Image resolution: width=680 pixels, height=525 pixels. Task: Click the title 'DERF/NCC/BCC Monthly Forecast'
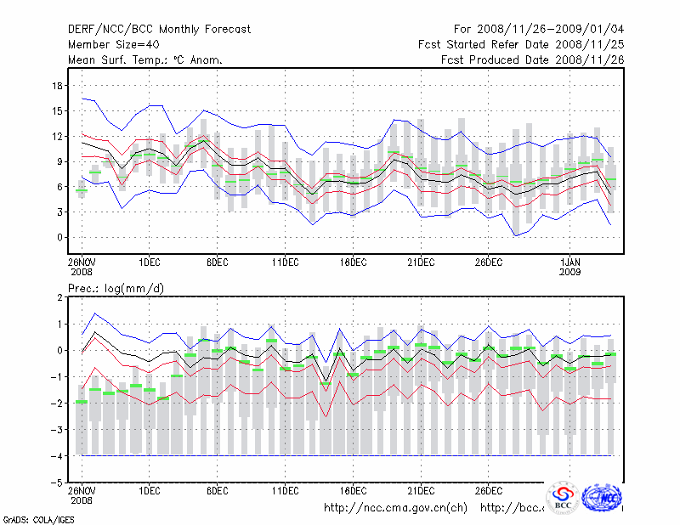coord(159,30)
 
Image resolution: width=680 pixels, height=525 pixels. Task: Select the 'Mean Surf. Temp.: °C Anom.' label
coord(145,60)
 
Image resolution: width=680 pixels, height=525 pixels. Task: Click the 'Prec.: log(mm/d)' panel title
coord(116,289)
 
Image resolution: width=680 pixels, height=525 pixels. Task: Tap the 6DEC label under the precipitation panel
coord(217,490)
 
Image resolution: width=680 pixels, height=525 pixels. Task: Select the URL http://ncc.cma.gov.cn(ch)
coord(395,508)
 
